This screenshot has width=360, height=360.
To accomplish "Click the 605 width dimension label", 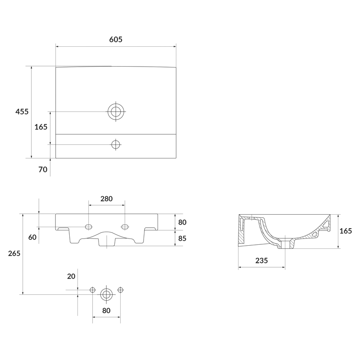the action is coord(116,40).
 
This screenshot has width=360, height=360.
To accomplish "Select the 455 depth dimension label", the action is coord(22,112).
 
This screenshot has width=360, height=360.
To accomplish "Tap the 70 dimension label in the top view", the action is coord(43,170).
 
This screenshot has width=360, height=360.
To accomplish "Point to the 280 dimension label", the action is coord(107,198).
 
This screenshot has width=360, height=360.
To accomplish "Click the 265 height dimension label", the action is coord(14,253).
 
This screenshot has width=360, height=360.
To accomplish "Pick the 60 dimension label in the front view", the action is coord(32,237).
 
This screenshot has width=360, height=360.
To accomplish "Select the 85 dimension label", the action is coord(182,238).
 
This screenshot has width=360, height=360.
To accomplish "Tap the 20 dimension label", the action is coord(71,276).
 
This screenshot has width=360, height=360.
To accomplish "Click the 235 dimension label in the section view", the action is coord(262,261).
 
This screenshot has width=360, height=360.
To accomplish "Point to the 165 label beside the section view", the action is coord(346,231).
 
